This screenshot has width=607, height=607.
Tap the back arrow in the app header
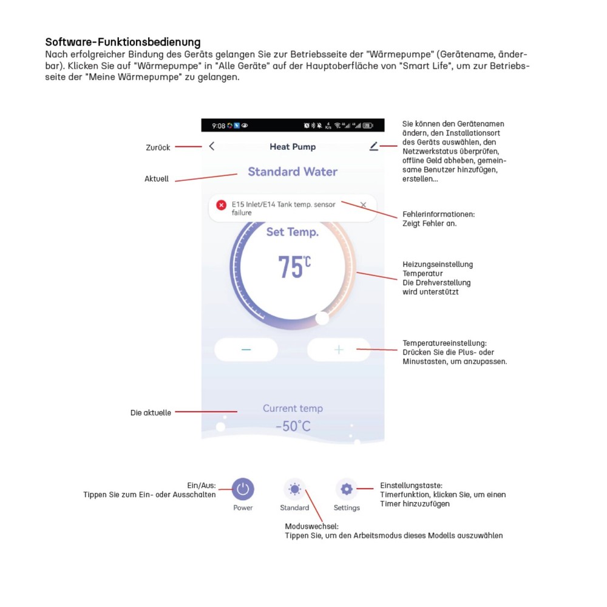coord(211,146)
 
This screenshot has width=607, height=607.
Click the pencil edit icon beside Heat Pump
coord(373,146)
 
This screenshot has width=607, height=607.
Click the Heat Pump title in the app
coord(293,147)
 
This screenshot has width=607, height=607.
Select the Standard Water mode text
coord(293,172)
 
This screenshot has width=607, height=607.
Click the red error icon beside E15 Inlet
coord(221,205)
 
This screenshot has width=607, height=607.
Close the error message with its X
coord(363,205)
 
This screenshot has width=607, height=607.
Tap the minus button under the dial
coord(246,350)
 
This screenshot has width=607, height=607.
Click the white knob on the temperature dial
coord(322,317)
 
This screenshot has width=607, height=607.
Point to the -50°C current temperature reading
coord(293,426)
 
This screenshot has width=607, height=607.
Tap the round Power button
coord(243,489)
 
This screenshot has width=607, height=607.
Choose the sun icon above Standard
coord(294,489)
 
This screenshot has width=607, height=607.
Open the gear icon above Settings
coord(347,489)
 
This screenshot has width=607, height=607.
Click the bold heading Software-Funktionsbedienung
coord(123,42)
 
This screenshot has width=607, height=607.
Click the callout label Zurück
coord(158,148)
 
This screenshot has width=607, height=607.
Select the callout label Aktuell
coord(157,179)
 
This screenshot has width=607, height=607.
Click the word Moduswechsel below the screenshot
coord(311,526)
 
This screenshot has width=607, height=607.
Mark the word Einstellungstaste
coord(411,486)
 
